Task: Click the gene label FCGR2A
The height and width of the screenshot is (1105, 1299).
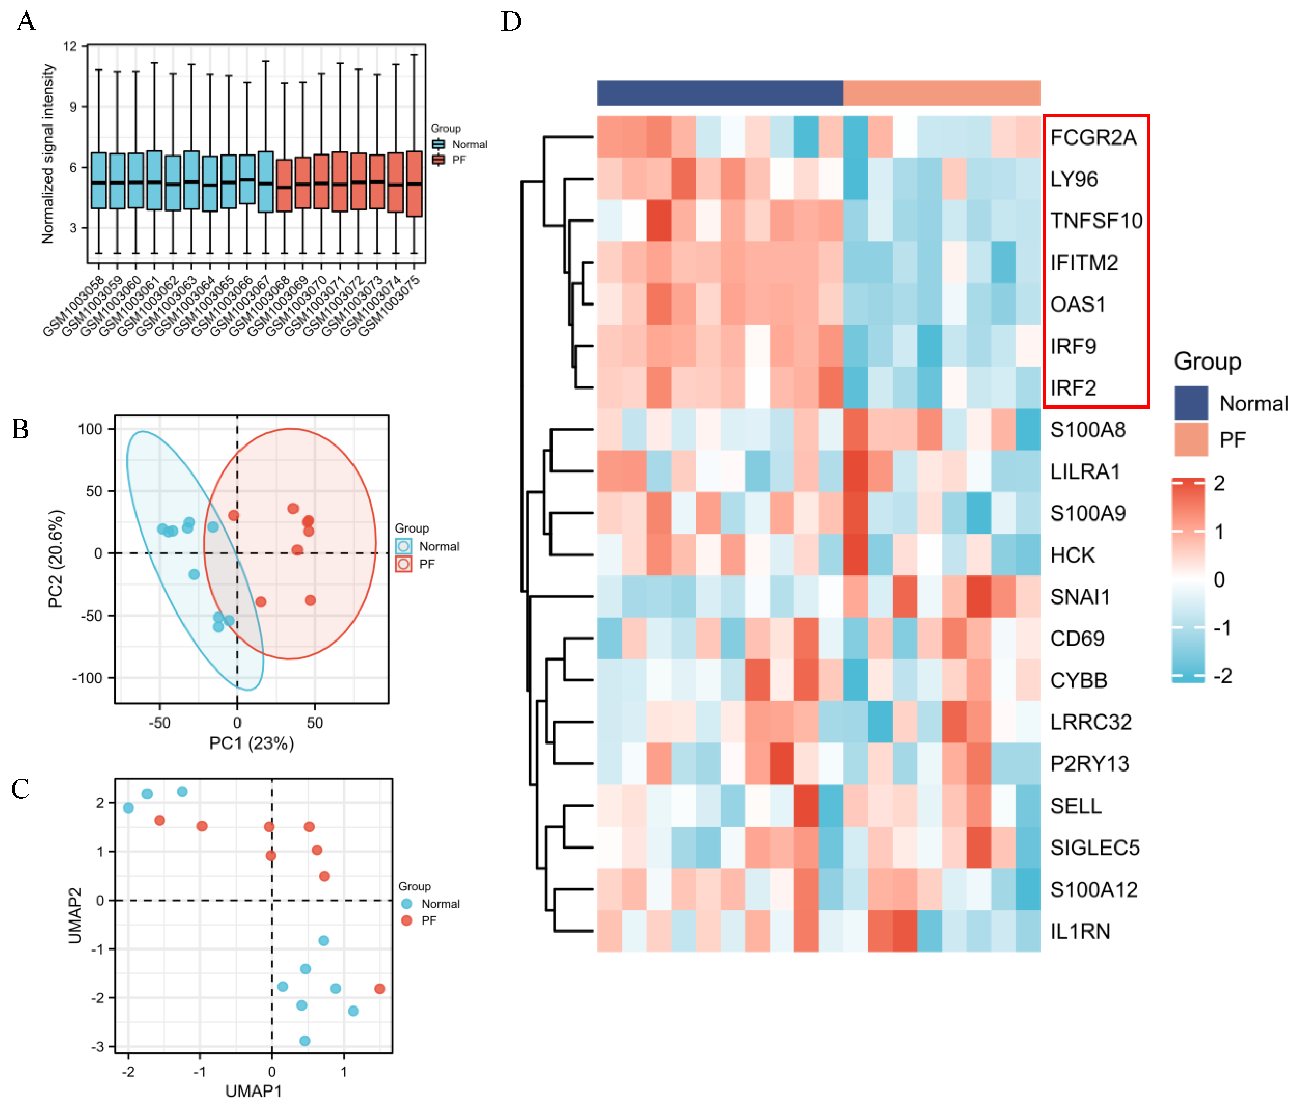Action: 1093,137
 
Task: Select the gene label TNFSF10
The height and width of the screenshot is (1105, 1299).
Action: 1096,221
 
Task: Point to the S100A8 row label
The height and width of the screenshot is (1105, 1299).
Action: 1088,430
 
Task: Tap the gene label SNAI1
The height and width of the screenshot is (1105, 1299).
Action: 1080,597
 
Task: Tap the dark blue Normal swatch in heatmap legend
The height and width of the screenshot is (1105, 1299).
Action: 1190,403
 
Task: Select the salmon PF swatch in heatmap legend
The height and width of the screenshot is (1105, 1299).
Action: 1190,439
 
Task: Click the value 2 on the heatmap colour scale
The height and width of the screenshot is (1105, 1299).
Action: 1219,483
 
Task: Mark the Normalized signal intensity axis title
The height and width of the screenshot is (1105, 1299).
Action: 48,153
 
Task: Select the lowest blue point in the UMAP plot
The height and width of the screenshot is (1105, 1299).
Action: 304,1040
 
